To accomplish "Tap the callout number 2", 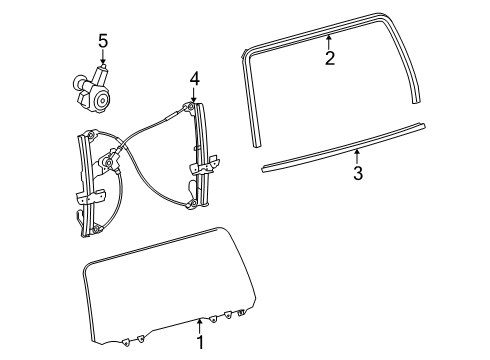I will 329,58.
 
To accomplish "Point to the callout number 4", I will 195,77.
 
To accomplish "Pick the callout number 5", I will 102,40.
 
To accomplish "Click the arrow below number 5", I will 102,57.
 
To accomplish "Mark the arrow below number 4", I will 194,94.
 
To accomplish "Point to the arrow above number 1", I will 200,324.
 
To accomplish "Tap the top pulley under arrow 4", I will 190,107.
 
